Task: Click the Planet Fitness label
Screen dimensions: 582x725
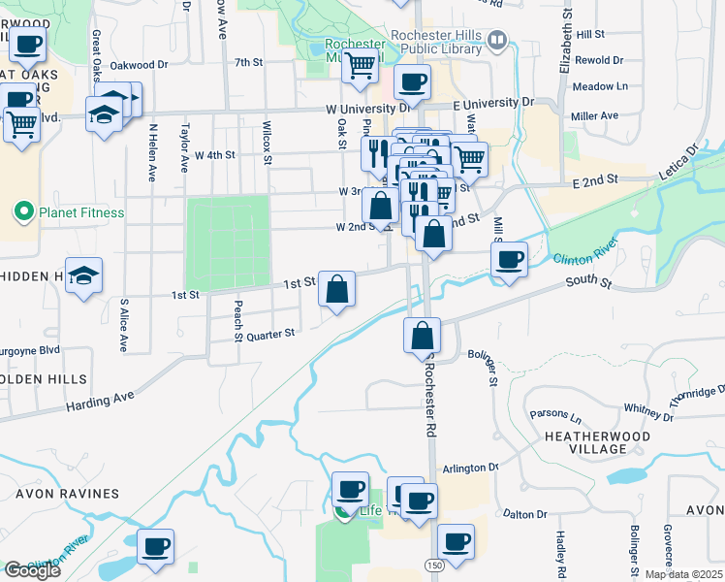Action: click(x=79, y=212)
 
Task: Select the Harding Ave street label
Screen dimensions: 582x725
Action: click(x=99, y=398)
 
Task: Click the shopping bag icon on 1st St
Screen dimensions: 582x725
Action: click(x=336, y=288)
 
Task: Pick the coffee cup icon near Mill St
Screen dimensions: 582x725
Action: click(x=509, y=259)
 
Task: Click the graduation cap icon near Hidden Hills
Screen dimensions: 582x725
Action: click(x=84, y=275)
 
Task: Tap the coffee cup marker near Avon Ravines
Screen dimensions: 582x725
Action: click(x=155, y=546)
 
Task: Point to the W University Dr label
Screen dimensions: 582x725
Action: click(x=368, y=108)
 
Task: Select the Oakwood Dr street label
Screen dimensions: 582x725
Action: click(x=139, y=65)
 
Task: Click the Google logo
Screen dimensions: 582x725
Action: click(x=32, y=570)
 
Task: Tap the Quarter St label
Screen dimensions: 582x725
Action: click(x=269, y=334)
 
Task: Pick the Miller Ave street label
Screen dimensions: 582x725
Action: click(x=594, y=115)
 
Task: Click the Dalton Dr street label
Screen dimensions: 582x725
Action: click(x=525, y=513)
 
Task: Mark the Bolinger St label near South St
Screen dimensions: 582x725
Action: click(x=485, y=368)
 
